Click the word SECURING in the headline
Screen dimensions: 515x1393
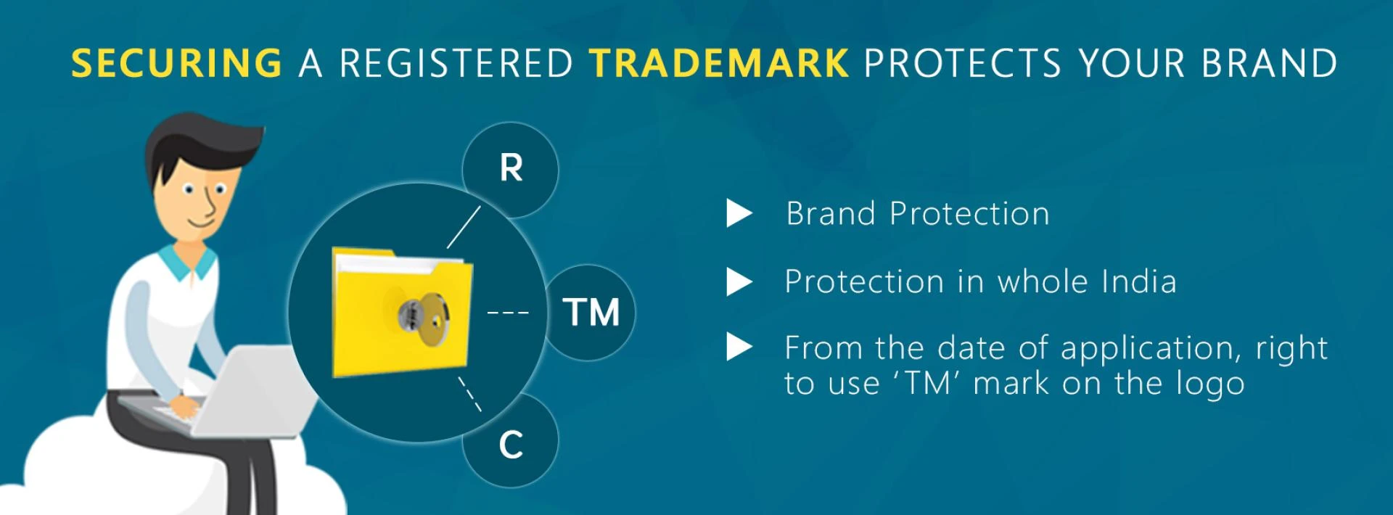(176, 63)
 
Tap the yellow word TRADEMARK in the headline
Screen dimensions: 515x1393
(718, 63)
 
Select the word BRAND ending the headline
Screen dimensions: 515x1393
(1269, 63)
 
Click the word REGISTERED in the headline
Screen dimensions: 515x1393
(456, 63)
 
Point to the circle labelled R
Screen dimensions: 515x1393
(511, 168)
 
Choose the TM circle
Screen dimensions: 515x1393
(591, 313)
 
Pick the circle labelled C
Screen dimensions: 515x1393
(511, 442)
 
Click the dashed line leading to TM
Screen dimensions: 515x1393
(508, 313)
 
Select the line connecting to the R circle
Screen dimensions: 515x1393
(464, 227)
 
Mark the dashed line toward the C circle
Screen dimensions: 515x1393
(469, 394)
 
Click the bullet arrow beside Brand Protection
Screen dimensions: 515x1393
(739, 214)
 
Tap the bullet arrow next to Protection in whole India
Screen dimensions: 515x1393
(739, 282)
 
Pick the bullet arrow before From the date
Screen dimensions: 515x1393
(739, 347)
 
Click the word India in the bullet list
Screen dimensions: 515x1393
(1138, 281)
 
